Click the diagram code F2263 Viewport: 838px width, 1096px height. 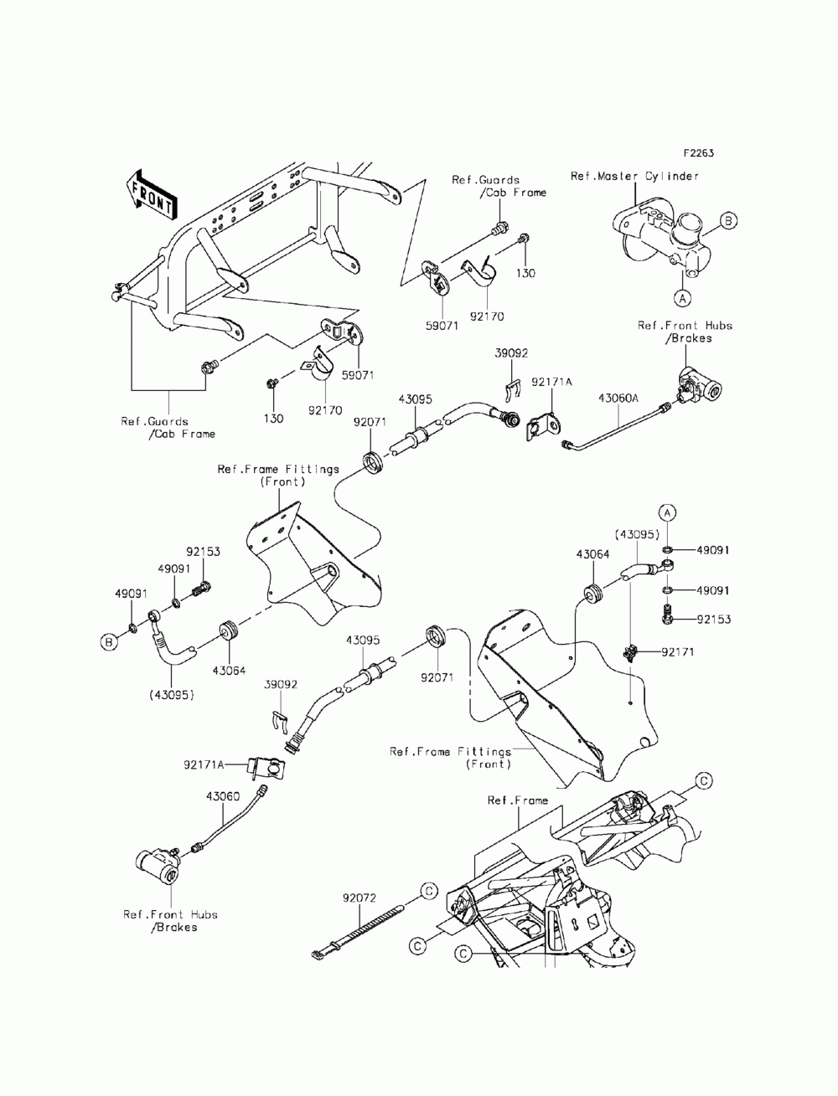click(699, 152)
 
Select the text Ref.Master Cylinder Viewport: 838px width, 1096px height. click(634, 176)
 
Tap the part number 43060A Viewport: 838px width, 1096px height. click(618, 399)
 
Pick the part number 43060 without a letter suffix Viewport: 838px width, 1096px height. click(223, 796)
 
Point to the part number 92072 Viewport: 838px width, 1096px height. click(360, 898)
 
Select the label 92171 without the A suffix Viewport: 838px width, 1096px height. click(678, 652)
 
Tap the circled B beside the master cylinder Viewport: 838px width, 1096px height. click(728, 220)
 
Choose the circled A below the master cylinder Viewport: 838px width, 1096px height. click(682, 299)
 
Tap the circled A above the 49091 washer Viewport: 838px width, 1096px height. click(667, 512)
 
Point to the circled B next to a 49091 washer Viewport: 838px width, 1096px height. click(110, 642)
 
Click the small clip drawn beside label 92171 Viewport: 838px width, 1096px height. click(631, 652)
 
